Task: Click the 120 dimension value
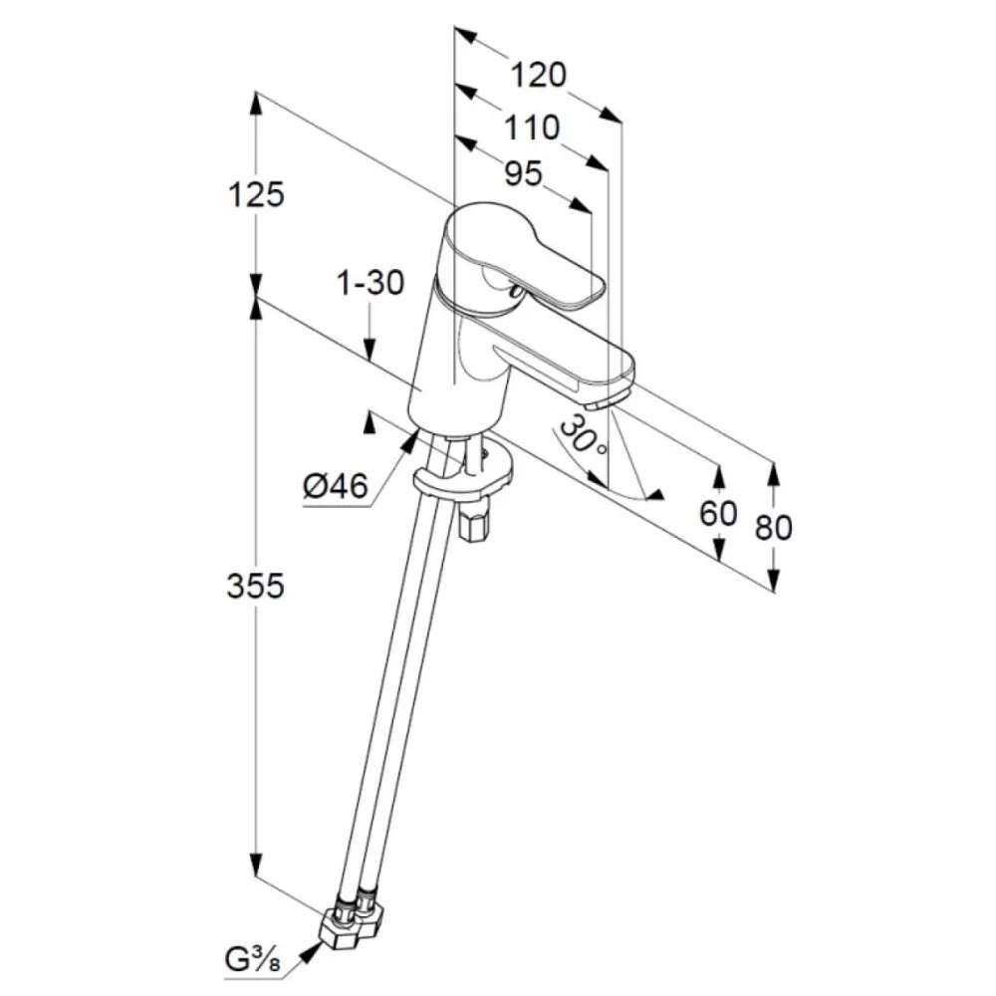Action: click(x=538, y=75)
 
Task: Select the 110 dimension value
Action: click(x=532, y=127)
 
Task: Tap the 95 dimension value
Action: click(x=524, y=173)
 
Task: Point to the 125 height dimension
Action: click(x=256, y=194)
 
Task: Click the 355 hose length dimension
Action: click(x=255, y=586)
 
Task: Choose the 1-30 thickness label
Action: click(x=371, y=282)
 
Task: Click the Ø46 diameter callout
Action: click(x=336, y=487)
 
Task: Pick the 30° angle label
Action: click(x=582, y=436)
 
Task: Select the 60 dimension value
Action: click(x=718, y=513)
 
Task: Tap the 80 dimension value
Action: click(x=774, y=527)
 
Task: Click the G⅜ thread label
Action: click(x=252, y=960)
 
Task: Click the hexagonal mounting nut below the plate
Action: click(x=472, y=525)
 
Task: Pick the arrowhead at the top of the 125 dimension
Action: click(x=255, y=104)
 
